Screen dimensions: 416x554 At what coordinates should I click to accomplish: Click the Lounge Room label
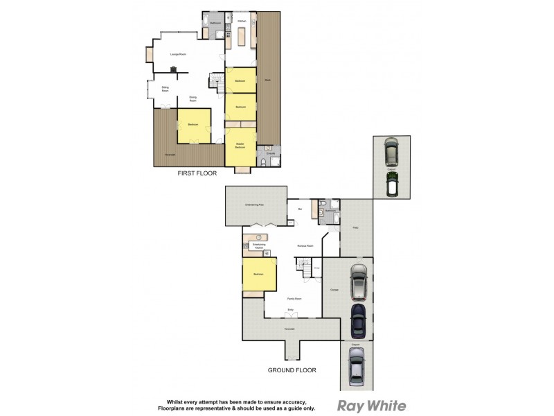179,54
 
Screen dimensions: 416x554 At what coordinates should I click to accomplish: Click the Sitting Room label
166,89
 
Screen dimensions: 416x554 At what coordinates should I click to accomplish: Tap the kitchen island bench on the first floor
242,37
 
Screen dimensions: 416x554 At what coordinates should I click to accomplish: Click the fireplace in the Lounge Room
174,69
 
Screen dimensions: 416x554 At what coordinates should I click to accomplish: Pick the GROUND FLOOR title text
292,370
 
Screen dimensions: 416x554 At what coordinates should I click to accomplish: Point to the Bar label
300,209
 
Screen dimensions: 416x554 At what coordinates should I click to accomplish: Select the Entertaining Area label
256,205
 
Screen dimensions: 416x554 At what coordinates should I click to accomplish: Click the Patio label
356,227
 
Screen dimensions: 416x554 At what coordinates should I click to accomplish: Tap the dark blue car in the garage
357,320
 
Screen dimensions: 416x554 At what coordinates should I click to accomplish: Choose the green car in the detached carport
391,185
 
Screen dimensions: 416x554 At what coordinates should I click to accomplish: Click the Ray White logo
371,406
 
